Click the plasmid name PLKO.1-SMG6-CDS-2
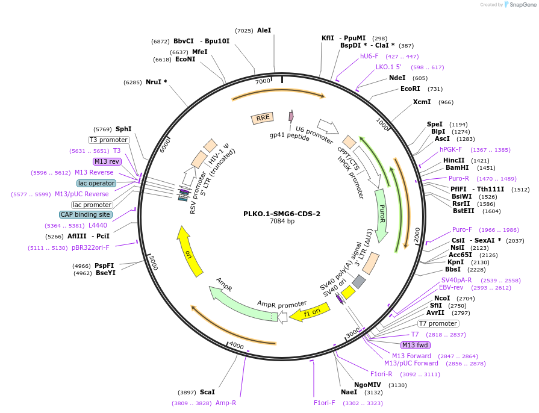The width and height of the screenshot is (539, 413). pos(282,213)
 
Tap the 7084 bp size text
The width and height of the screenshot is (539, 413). pos(282,222)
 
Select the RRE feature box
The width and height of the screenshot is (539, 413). pos(263,119)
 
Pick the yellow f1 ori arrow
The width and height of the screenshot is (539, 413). pos(310,312)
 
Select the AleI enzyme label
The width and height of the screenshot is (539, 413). pos(264,30)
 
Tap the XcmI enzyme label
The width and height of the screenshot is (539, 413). pos(422,102)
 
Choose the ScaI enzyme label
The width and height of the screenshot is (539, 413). pos(207,391)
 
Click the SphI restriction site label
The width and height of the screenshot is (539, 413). pos(123,129)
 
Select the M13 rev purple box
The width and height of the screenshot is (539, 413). pos(107,161)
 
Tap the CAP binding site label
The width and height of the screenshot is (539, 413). pos(85,214)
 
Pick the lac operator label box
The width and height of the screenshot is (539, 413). pos(96,183)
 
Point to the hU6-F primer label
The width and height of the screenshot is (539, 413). pos(369,56)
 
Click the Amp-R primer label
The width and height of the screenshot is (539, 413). pos(226,403)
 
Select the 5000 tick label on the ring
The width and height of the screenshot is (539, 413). pos(153,262)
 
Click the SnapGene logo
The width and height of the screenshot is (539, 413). pos(519,4)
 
